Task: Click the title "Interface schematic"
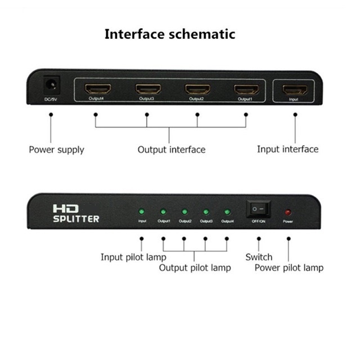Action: tap(170, 34)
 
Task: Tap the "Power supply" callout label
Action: tap(56, 150)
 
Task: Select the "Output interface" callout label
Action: tap(172, 150)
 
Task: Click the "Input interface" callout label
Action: tap(287, 149)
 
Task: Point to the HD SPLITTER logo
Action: tap(75, 213)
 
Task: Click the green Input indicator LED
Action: tap(142, 212)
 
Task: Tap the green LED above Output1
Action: tap(163, 212)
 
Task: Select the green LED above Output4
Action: tap(227, 212)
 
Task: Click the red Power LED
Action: tap(288, 213)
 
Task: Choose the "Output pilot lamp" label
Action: tap(195, 268)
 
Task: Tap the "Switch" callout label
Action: tap(259, 257)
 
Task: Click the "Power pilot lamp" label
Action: tap(289, 268)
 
